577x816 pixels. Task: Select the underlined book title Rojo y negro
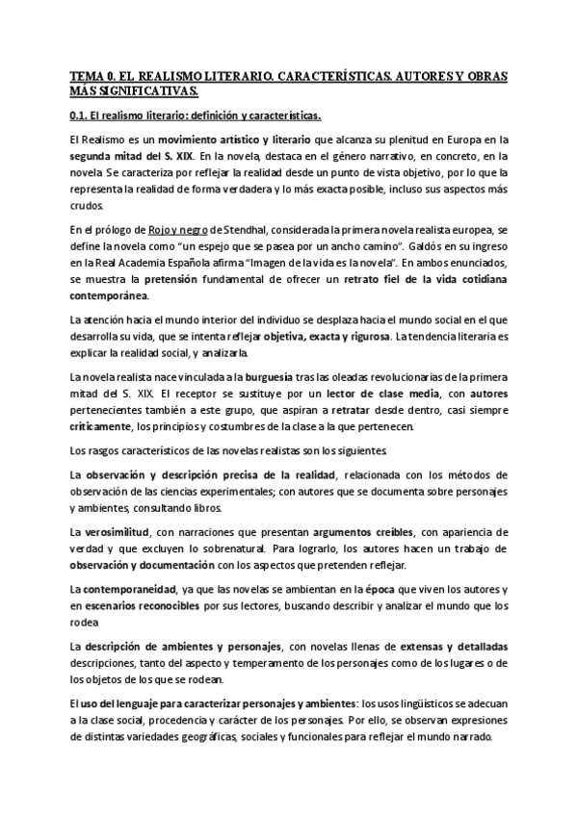coord(182,231)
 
